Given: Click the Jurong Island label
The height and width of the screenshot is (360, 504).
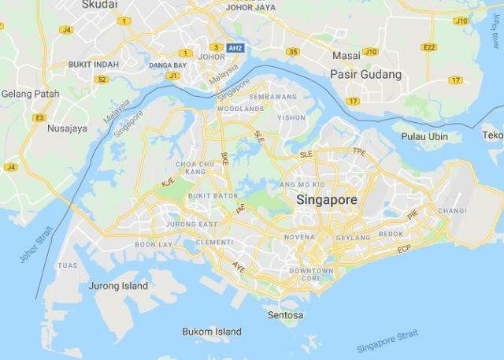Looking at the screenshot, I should [x=118, y=285].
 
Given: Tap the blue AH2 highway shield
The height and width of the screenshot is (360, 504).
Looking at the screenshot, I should [x=235, y=47].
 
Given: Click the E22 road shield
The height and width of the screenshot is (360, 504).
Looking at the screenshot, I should [x=429, y=47].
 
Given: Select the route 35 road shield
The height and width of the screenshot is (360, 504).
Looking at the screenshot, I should [x=293, y=52].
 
